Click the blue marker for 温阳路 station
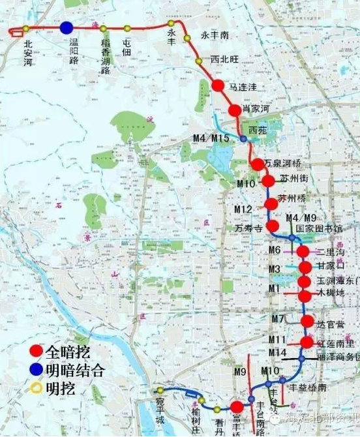tap(66, 27)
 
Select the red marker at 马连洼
tap(218, 85)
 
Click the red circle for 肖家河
tap(235, 110)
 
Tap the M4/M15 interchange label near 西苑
tap(211, 138)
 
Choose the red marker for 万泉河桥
tap(257, 164)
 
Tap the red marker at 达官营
tap(308, 321)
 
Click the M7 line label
tap(278, 318)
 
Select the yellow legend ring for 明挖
tap(37, 389)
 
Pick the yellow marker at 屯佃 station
tap(127, 28)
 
